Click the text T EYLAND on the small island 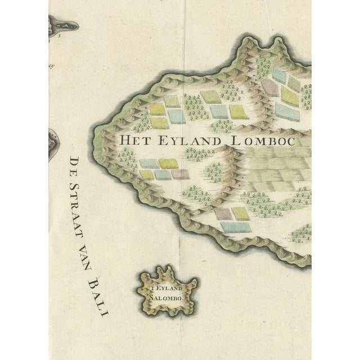coord(166,289)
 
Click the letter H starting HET coord(120,138)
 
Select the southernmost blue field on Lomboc coord(235,227)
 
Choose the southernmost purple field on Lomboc coord(223,214)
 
